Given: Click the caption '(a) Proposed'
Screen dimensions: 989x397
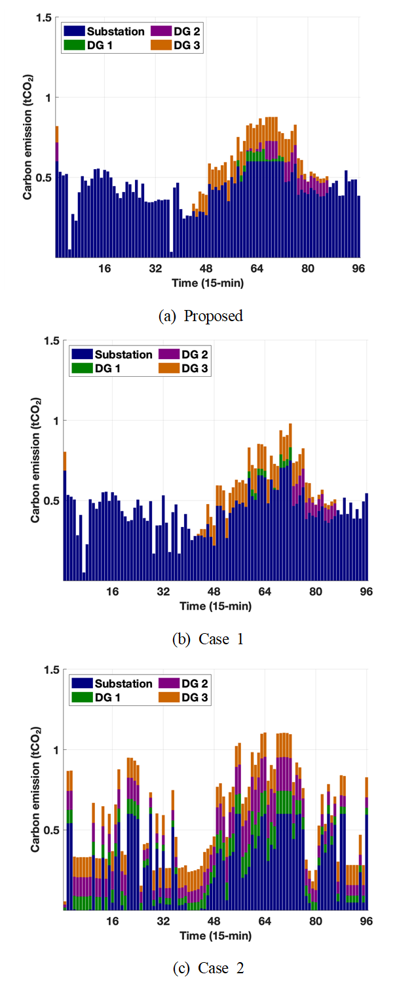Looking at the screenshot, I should click(x=200, y=316).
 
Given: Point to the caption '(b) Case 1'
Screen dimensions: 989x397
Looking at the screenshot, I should click(x=200, y=639).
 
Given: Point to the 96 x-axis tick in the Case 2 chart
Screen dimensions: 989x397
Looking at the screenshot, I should click(x=366, y=921).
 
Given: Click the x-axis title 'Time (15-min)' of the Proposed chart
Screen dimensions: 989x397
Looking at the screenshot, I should click(x=208, y=282).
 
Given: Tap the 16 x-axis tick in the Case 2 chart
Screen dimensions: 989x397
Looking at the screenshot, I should click(x=113, y=921).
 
